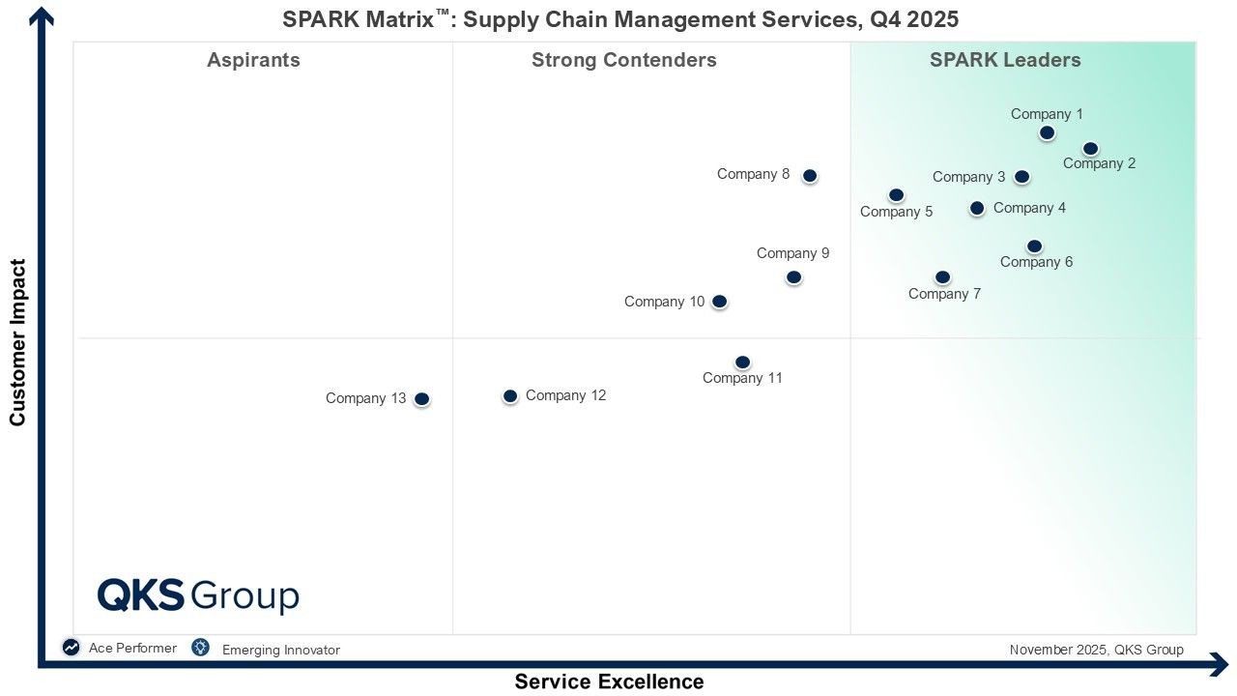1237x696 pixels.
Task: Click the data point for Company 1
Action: click(1047, 132)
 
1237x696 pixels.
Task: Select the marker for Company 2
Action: click(1090, 149)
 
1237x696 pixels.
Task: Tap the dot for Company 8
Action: click(810, 176)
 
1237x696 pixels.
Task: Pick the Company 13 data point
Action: click(421, 399)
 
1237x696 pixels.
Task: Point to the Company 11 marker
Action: click(742, 362)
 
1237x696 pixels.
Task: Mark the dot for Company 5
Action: click(896, 195)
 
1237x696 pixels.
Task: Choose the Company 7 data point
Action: click(942, 277)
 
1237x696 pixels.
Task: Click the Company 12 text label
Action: click(565, 395)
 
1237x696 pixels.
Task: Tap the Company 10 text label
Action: click(664, 302)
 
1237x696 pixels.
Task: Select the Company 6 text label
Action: click(1036, 262)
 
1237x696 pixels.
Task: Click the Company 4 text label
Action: click(1029, 208)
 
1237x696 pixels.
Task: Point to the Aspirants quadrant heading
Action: click(253, 60)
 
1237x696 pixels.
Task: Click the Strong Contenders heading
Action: click(623, 60)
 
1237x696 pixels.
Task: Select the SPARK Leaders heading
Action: click(1005, 60)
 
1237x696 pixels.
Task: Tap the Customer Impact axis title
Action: click(17, 342)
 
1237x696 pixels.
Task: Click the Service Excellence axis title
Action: click(609, 681)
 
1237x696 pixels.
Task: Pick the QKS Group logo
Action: click(198, 595)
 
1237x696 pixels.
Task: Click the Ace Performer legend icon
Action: click(72, 648)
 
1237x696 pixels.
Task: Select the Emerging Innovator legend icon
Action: click(200, 648)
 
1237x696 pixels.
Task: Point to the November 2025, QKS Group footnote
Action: click(1096, 650)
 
